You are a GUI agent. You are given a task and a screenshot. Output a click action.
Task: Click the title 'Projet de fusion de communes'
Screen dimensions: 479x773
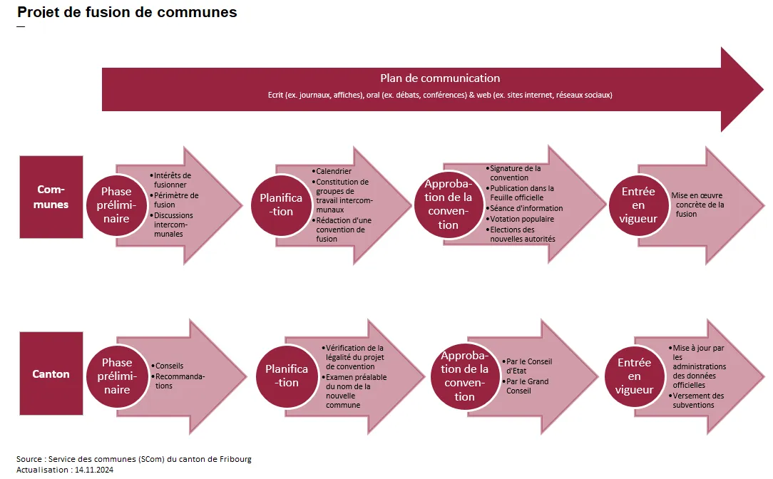127,13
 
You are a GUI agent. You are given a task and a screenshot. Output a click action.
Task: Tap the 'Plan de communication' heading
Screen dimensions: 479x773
439,78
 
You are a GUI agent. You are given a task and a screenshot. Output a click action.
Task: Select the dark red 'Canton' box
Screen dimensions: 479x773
51,374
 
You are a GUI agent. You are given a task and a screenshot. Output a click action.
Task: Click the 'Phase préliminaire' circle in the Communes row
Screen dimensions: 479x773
116,205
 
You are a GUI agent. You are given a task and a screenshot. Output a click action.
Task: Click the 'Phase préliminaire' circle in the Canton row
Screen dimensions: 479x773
116,376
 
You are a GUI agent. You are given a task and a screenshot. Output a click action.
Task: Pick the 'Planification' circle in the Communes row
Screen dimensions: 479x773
281,205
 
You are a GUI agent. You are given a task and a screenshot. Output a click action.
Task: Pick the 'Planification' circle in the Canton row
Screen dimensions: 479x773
287,376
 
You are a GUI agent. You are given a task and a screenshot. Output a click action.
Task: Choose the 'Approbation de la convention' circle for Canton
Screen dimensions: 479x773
464,376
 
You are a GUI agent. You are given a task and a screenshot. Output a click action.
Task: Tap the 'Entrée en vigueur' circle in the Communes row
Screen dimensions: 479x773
638,205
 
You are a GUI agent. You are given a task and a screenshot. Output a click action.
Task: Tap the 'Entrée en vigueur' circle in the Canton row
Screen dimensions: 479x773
635,376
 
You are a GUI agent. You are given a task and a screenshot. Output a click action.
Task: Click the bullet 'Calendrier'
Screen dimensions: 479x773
334,171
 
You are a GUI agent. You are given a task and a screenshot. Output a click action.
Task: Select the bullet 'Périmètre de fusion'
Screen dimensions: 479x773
176,200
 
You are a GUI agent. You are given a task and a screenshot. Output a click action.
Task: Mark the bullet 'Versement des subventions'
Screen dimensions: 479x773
698,401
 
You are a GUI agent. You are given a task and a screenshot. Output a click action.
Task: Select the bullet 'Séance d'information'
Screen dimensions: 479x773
526,208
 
